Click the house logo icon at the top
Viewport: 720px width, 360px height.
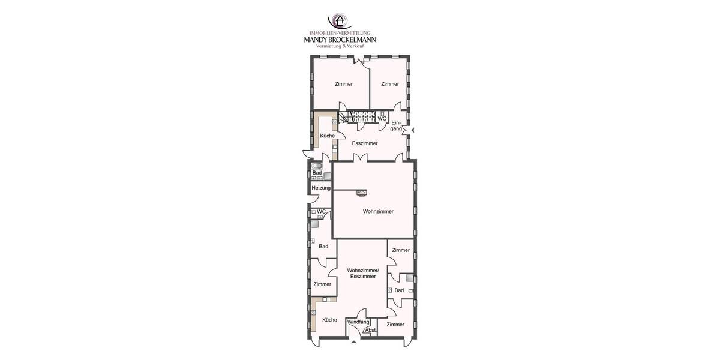click(339, 22)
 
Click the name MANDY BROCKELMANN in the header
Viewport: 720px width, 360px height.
click(340, 40)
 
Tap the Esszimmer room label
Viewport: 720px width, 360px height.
click(365, 143)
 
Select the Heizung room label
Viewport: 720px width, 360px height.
click(321, 188)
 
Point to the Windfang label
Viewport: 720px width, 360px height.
click(358, 322)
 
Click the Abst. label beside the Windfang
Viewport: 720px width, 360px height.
click(370, 330)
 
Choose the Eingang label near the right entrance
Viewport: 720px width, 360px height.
click(396, 126)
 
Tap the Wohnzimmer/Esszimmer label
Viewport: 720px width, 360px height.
click(362, 274)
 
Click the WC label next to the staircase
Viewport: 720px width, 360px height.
click(382, 119)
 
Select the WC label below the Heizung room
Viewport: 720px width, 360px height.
click(321, 211)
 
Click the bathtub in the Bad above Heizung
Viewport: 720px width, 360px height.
click(317, 166)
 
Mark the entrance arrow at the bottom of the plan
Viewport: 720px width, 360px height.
click(353, 342)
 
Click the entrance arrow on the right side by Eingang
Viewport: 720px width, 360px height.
click(412, 130)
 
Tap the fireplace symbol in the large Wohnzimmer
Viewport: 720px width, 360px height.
click(362, 192)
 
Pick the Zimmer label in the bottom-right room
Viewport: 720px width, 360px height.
click(395, 325)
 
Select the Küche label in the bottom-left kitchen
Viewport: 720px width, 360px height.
click(329, 320)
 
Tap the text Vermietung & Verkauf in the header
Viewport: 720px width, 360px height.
click(340, 46)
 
